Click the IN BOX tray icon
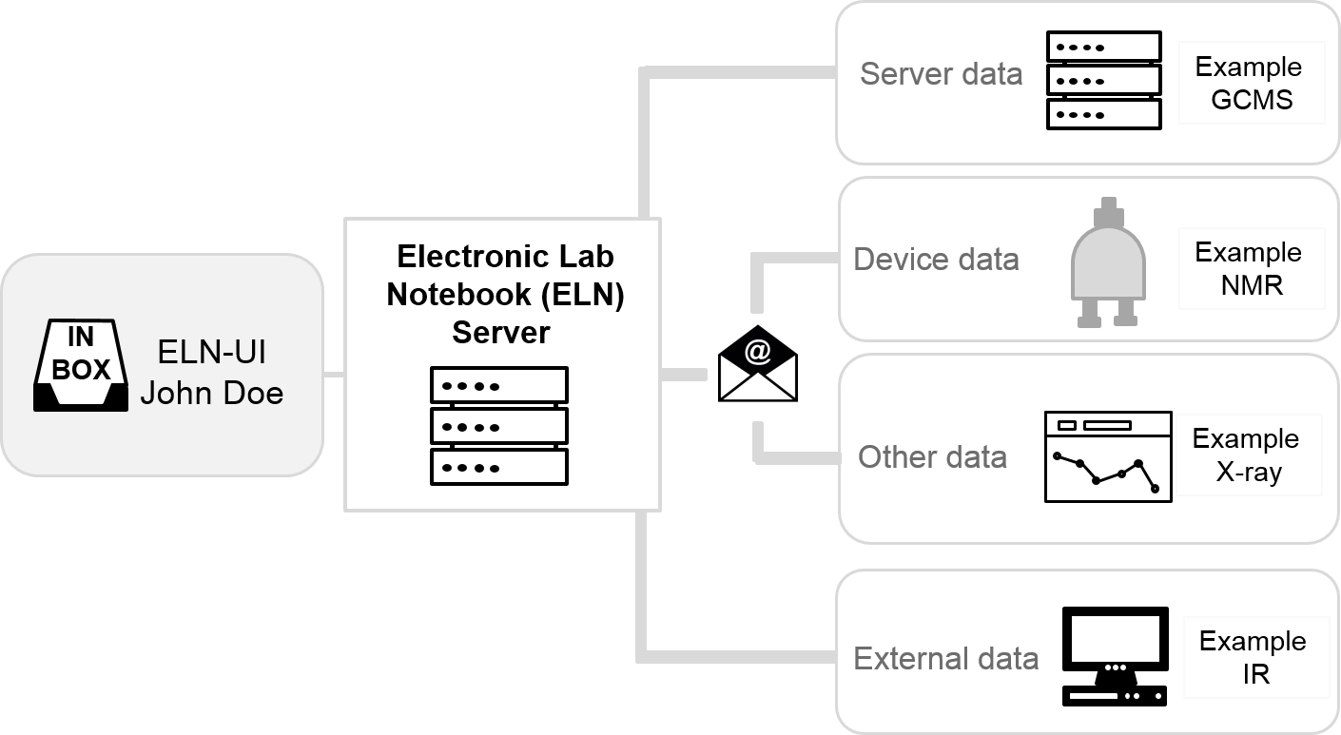[81, 366]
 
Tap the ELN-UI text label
[211, 353]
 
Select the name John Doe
[211, 393]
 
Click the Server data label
[941, 74]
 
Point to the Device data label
[936, 259]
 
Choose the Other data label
[932, 456]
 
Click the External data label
[945, 658]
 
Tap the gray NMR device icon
[1107, 262]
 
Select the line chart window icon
[1107, 456]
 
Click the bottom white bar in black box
[499, 467]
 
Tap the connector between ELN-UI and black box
[333, 376]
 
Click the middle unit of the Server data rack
[1103, 80]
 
